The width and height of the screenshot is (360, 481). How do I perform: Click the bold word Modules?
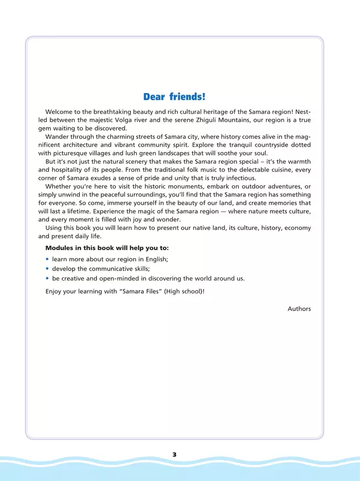pyautogui.click(x=60, y=247)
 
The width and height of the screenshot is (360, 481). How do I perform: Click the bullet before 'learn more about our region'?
pyautogui.click(x=47, y=258)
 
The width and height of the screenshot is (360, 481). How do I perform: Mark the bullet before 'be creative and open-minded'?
pyautogui.click(x=47, y=278)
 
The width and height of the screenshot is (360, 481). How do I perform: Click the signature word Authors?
pyautogui.click(x=299, y=309)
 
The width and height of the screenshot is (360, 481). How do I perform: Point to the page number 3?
pyautogui.click(x=174, y=454)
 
